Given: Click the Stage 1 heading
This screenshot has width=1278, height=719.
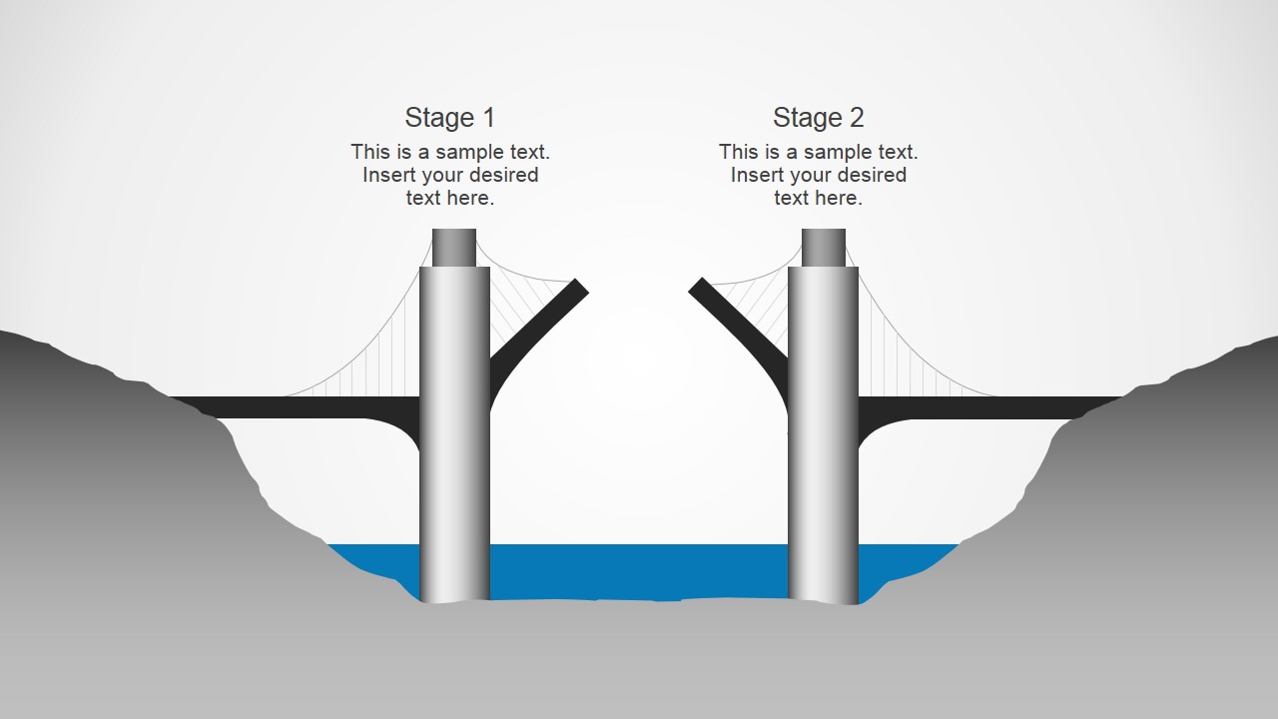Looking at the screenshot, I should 449,118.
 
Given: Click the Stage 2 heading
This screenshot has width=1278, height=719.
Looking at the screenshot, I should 818,118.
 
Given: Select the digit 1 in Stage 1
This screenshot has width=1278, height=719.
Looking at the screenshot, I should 488,118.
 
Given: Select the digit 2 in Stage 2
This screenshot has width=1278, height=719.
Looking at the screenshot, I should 856,118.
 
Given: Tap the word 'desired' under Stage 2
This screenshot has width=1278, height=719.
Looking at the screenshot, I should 873,175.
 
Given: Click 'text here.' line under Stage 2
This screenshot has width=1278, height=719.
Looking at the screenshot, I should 818,198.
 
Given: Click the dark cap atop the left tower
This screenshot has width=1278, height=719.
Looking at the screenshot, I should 454,248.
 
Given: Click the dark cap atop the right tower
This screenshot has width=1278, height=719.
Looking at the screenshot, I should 824,248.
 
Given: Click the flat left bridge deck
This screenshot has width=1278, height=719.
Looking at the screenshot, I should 300,407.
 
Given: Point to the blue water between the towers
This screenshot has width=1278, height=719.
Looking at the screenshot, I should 639,571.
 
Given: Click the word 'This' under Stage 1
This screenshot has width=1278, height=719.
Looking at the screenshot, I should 370,152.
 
